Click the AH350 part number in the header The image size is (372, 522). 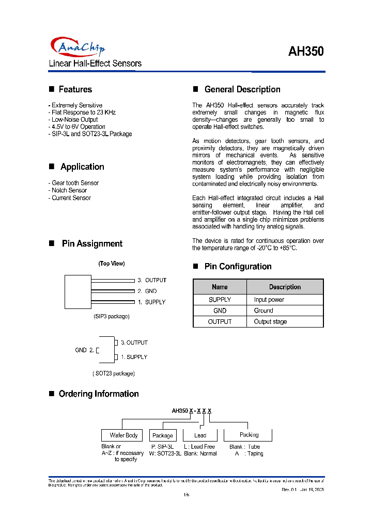coord(306,52)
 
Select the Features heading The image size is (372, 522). coord(75,89)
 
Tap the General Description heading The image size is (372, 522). coord(242,89)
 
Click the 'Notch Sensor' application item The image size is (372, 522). coord(69,190)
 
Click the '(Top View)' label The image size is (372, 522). coord(111,264)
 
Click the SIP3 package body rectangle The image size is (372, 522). coord(78,290)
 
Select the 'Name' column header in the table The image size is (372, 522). coord(220,287)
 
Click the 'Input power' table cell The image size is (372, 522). coord(269,300)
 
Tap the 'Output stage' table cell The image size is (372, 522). coord(270,322)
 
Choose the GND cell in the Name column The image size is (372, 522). coord(220,311)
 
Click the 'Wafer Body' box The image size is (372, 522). coord(123,435)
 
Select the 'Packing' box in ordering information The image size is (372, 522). coord(249,435)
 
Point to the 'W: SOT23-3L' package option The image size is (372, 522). coord(165,454)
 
